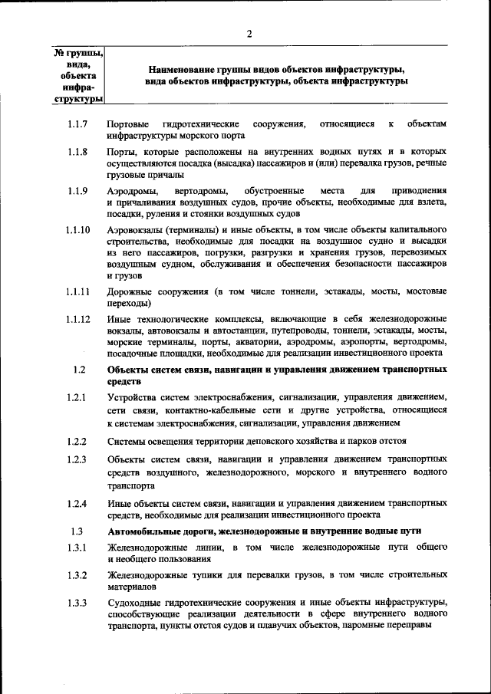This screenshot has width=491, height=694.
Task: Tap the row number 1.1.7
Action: [x=77, y=123]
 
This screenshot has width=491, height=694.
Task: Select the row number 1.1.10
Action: [x=77, y=230]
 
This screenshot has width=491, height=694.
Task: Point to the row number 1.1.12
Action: [x=77, y=319]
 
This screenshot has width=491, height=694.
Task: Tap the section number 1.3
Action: [x=77, y=531]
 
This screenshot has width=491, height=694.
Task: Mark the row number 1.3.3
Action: [x=77, y=602]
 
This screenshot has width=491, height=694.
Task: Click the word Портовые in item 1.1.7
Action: [x=127, y=123]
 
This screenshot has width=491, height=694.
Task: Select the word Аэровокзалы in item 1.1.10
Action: [x=137, y=230]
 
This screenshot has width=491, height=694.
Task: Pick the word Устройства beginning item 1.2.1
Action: [x=132, y=397]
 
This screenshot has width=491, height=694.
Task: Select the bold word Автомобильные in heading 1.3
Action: [x=145, y=531]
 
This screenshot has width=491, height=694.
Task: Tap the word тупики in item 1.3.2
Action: [x=204, y=575]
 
